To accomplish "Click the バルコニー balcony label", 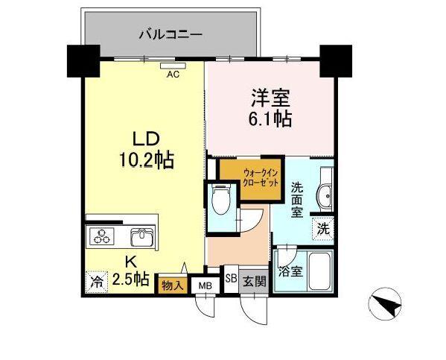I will tap(171, 34).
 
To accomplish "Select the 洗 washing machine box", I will tap(323, 229).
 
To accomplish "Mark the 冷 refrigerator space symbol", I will tap(96, 281).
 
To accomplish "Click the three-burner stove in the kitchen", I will tap(101, 237).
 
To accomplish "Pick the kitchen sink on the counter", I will tap(141, 238).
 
